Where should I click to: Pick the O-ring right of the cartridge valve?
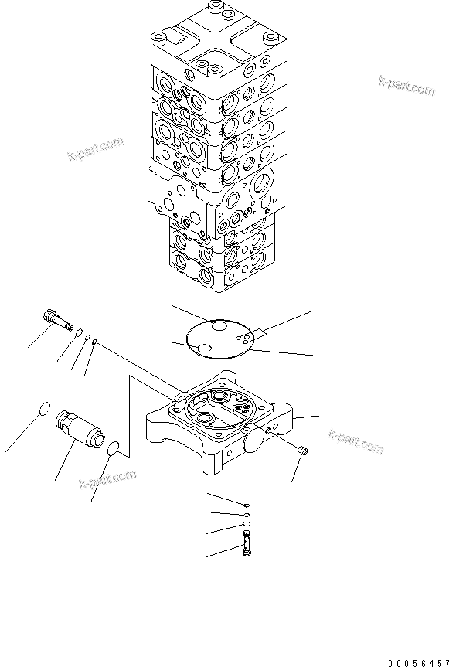click(x=114, y=448)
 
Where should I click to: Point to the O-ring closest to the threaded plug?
click(x=80, y=333)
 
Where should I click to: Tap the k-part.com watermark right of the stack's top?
click(x=406, y=85)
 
